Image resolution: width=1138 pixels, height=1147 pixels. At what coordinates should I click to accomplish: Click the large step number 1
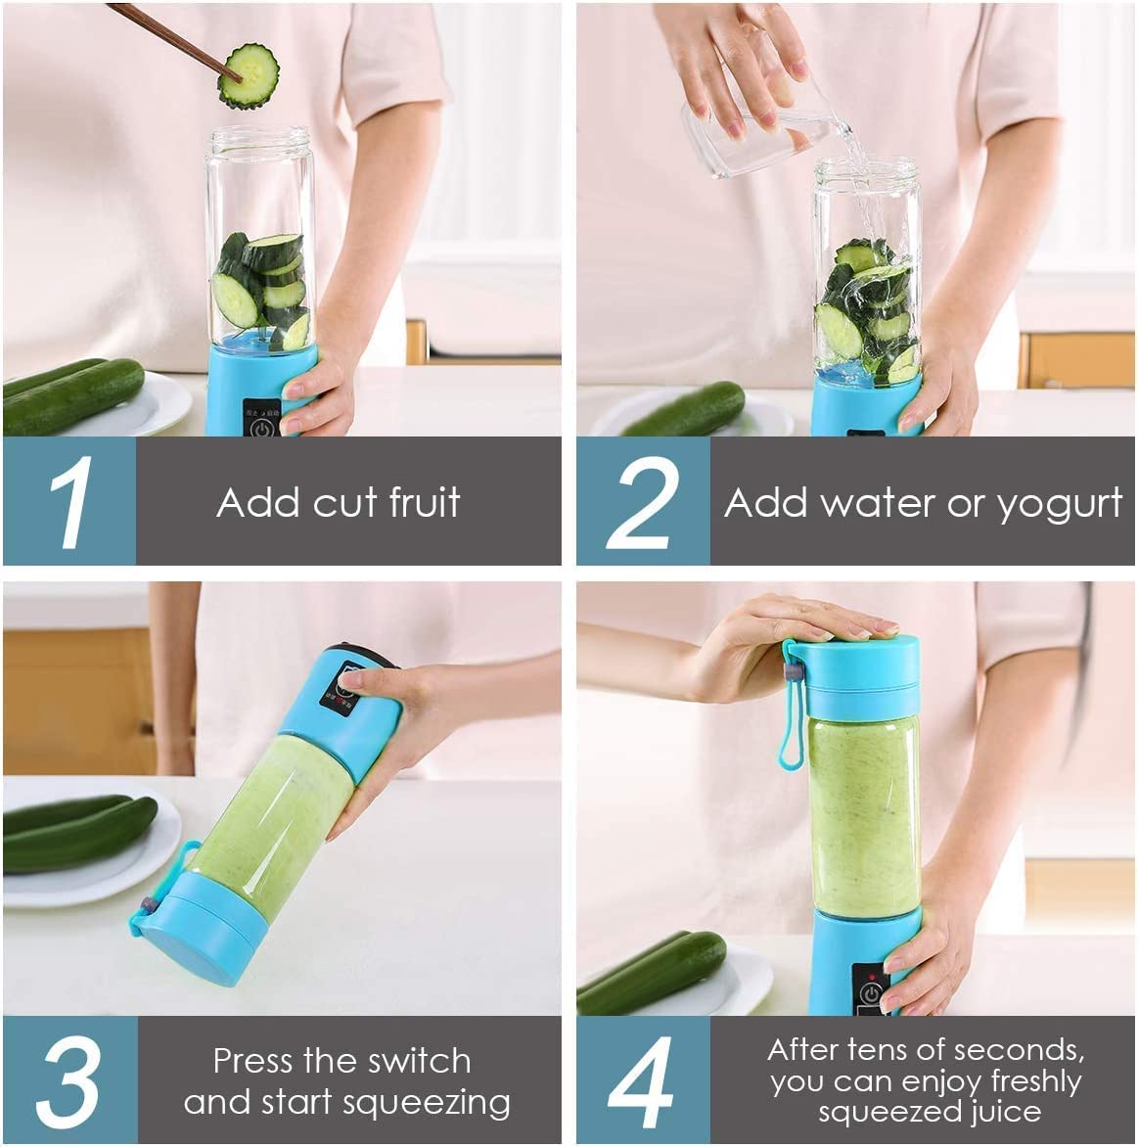[x=69, y=501]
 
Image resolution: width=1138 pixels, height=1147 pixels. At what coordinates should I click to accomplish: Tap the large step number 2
[x=642, y=501]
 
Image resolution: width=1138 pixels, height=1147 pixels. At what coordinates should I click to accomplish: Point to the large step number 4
[x=642, y=1082]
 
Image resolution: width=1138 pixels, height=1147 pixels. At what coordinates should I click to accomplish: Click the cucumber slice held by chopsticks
[x=249, y=75]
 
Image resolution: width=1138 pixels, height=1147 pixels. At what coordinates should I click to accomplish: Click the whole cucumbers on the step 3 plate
[x=78, y=832]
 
